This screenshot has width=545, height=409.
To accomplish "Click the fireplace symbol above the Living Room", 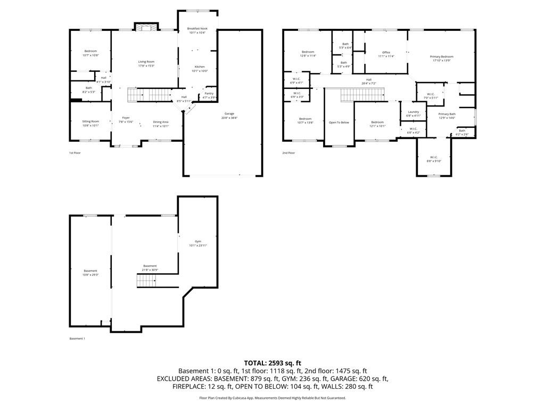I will tap(146, 27).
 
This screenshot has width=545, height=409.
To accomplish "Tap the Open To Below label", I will tap(339, 122).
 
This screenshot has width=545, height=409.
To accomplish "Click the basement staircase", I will tap(146, 281).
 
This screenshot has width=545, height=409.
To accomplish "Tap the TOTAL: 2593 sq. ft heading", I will tap(272, 363).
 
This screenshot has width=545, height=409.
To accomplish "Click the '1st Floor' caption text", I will tap(75, 153).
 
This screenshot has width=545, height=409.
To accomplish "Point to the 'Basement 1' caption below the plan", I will tap(77, 339).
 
